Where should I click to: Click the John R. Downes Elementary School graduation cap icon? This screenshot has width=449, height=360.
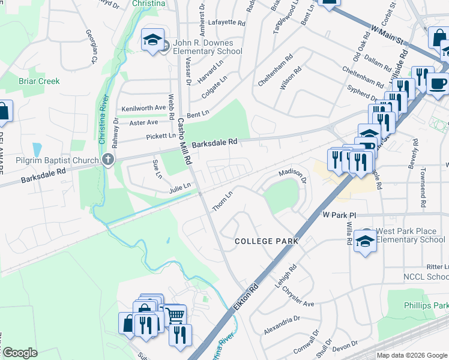click(152, 40)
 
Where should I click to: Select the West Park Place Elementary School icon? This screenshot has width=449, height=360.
click(364, 240)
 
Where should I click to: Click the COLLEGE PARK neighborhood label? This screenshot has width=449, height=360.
click(267, 241)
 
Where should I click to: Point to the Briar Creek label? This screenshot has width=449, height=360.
click(39, 81)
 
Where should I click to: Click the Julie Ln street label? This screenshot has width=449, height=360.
click(179, 189)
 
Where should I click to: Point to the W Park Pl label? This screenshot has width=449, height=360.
click(339, 214)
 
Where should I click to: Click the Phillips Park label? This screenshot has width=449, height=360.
click(427, 305)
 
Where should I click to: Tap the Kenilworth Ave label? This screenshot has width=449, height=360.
click(143, 108)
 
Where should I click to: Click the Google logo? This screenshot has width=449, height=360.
click(19, 353)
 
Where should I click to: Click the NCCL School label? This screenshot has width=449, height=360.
click(426, 277)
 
